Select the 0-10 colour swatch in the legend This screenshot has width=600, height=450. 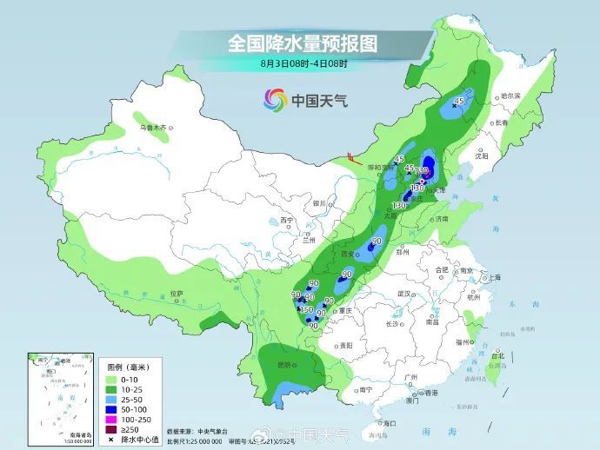pos(112,381)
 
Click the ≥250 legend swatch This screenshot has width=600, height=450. pos(112,427)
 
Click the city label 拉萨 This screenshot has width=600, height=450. pos(177,293)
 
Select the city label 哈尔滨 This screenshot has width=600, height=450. pos(510,95)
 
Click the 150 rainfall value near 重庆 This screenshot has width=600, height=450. pos(306,310)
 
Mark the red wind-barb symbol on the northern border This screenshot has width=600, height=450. pos(350,157)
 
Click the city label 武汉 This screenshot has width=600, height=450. pos(403,294)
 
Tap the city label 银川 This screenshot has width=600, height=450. pos(318,203)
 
